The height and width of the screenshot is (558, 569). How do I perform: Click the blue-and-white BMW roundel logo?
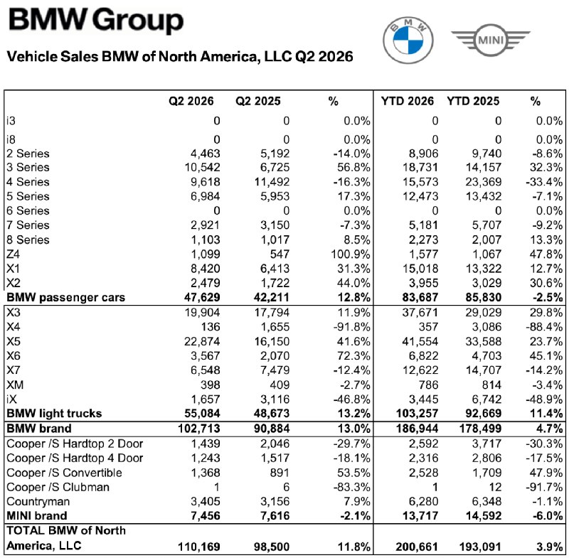pyautogui.click(x=408, y=41)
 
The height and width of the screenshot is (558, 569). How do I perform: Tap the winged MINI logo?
pyautogui.click(x=491, y=40)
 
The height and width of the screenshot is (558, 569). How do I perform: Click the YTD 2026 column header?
pyautogui.click(x=407, y=101)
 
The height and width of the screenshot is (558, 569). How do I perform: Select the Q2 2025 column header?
pyautogui.click(x=258, y=101)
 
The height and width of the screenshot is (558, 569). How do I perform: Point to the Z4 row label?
pyautogui.click(x=13, y=254)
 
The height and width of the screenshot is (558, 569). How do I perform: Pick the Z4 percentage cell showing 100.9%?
pyautogui.click(x=350, y=254)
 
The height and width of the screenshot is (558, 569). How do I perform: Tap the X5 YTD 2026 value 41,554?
pyautogui.click(x=420, y=341)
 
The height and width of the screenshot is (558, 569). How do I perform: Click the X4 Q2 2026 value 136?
pyautogui.click(x=211, y=327)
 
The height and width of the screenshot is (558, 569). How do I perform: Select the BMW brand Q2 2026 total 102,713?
pyautogui.click(x=199, y=429)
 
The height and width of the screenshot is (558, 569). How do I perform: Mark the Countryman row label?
pyautogui.click(x=38, y=501)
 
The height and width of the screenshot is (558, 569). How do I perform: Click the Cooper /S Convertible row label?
pyautogui.click(x=64, y=473)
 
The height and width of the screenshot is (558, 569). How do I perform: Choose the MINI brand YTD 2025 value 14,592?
pyautogui.click(x=484, y=515)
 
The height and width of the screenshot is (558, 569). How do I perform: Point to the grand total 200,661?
pyautogui.click(x=417, y=547)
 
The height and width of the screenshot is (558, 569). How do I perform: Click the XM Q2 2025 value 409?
pyautogui.click(x=280, y=385)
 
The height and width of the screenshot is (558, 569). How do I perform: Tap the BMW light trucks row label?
pyautogui.click(x=54, y=413)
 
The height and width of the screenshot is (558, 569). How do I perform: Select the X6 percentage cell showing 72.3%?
pyautogui.click(x=353, y=355)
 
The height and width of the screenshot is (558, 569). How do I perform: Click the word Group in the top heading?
pyautogui.click(x=138, y=21)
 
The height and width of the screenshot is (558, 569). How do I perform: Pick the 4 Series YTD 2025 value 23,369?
pyautogui.click(x=484, y=182)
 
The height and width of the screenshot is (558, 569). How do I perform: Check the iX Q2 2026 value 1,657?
pyautogui.click(x=206, y=399)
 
